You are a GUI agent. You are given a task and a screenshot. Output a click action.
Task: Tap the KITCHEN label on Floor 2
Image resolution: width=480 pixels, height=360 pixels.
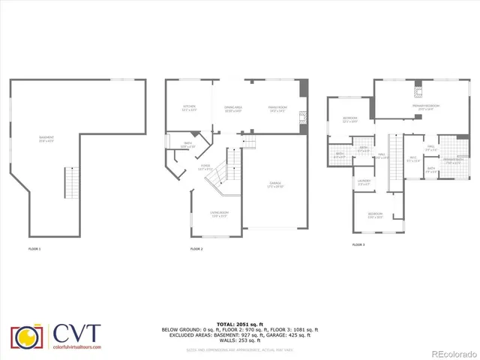[x=190, y=108]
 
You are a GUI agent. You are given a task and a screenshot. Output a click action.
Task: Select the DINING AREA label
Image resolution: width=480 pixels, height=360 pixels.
[x=232, y=109]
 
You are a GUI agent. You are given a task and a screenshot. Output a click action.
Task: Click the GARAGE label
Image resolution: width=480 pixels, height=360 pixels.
[x=277, y=184]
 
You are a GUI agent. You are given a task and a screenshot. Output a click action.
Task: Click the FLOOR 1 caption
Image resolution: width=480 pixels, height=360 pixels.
[x=35, y=248]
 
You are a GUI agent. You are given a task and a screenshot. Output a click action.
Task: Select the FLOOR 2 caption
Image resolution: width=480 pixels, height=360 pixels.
[x=196, y=248]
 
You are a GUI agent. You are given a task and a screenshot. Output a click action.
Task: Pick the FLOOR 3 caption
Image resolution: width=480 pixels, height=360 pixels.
[x=358, y=244]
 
